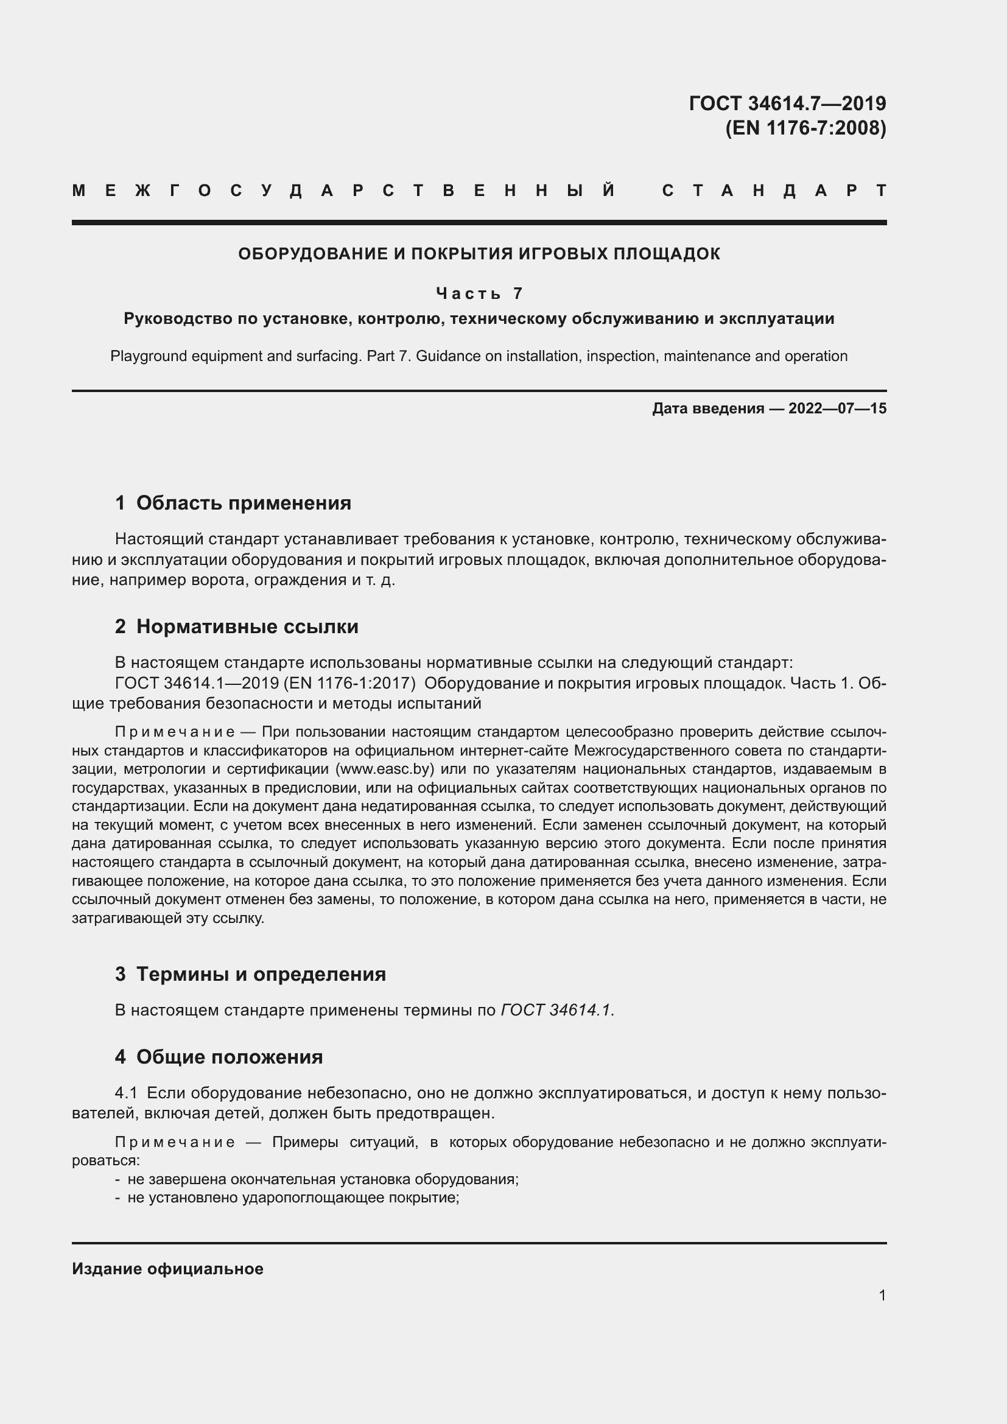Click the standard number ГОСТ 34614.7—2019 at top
coord(787,103)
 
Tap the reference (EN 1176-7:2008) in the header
coord(805,128)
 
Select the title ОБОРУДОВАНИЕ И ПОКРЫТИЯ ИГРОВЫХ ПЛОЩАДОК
coord(479,254)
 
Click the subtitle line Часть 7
coord(479,293)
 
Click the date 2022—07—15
coord(837,409)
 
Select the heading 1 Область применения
coord(233,503)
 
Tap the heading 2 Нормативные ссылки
coord(236,627)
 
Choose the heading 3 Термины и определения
coord(250,974)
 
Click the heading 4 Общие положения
coord(219,1057)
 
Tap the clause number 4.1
coord(126,1093)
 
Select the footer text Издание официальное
coord(167,1269)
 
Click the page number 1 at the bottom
coord(882,1295)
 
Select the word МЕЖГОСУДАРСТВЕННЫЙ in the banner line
coord(344,191)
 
